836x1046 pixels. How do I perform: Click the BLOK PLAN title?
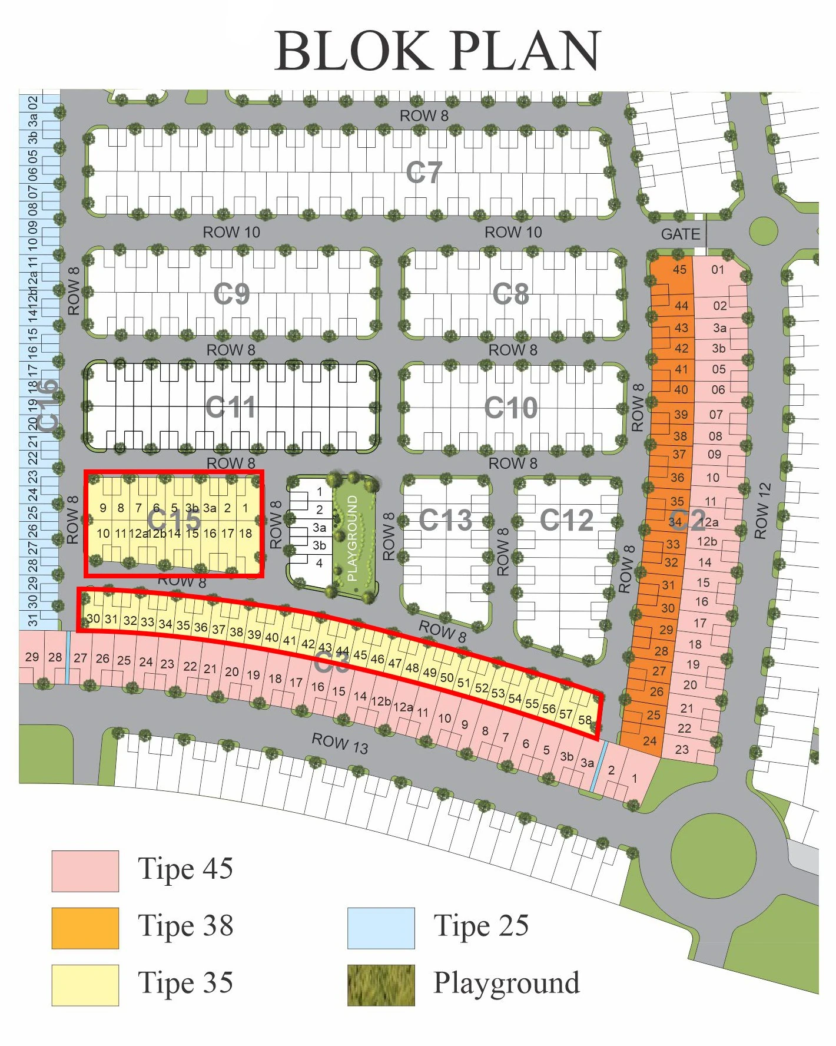[x=437, y=51]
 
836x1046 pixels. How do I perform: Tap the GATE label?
[x=681, y=234]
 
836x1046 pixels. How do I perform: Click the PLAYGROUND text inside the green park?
[x=353, y=538]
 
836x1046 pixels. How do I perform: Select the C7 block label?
[x=424, y=173]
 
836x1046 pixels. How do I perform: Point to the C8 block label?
[x=510, y=293]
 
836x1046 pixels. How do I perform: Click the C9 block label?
[x=231, y=293]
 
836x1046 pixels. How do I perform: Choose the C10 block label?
[x=510, y=408]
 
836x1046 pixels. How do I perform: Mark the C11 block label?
[x=231, y=407]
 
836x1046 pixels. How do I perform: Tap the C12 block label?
[x=566, y=520]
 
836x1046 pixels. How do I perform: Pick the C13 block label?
[x=445, y=520]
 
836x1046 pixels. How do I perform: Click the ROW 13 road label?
[x=340, y=743]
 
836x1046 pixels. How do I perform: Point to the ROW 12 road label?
[x=762, y=511]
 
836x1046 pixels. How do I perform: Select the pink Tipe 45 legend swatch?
[x=85, y=870]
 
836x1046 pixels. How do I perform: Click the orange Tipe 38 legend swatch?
[x=85, y=928]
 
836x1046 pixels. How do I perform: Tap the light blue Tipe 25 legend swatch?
[x=381, y=928]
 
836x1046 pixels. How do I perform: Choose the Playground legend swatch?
[x=381, y=985]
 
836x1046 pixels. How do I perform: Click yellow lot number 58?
[x=585, y=720]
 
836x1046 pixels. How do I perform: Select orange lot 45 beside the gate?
[x=679, y=270]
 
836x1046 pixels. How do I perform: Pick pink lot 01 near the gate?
[x=718, y=270]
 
